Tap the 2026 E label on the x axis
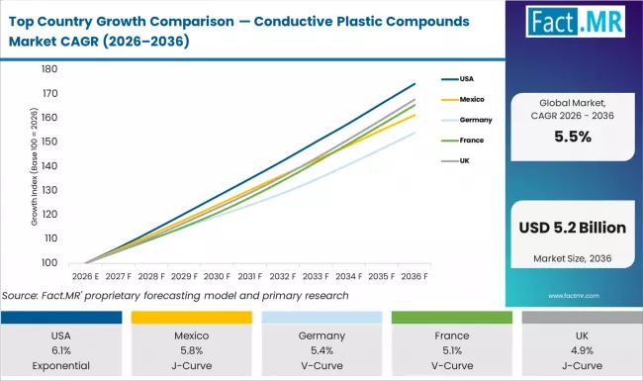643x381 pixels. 85,277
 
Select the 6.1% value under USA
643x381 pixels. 62,349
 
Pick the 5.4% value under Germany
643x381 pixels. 321,349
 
